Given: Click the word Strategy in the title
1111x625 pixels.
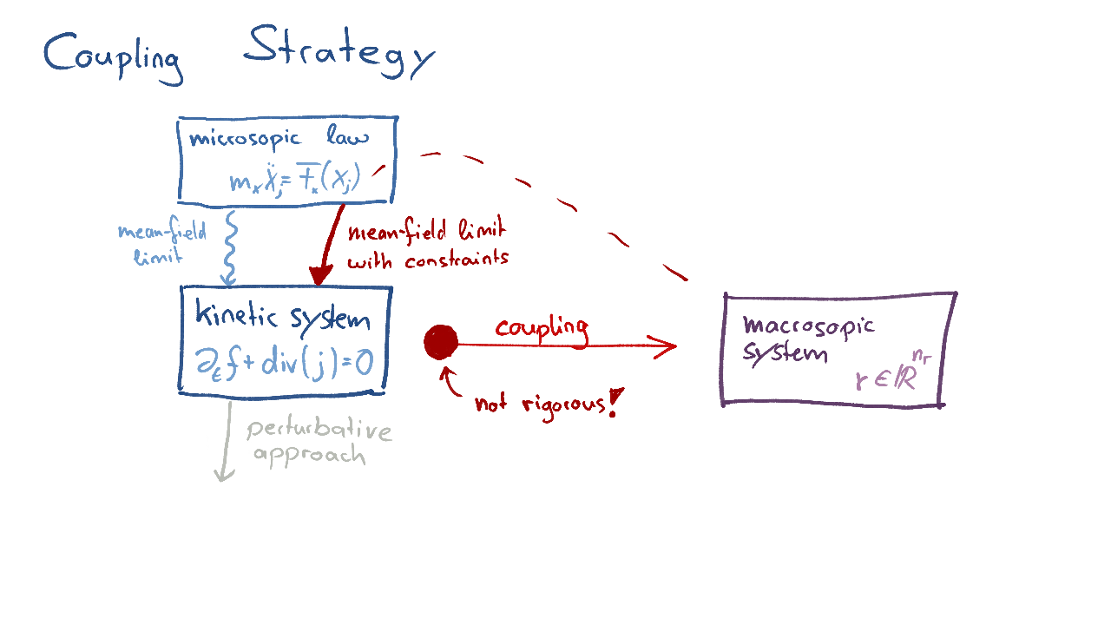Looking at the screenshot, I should [338, 52].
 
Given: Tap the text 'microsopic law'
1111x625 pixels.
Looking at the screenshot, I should [278, 138].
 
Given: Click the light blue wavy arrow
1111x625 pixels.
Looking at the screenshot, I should [230, 247].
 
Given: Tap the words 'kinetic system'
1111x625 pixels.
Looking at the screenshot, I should [283, 316].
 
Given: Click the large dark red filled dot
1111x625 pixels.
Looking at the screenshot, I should [441, 342].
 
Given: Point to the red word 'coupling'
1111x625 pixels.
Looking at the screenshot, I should [542, 328].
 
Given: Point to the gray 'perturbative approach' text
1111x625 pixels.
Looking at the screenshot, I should [317, 443].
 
